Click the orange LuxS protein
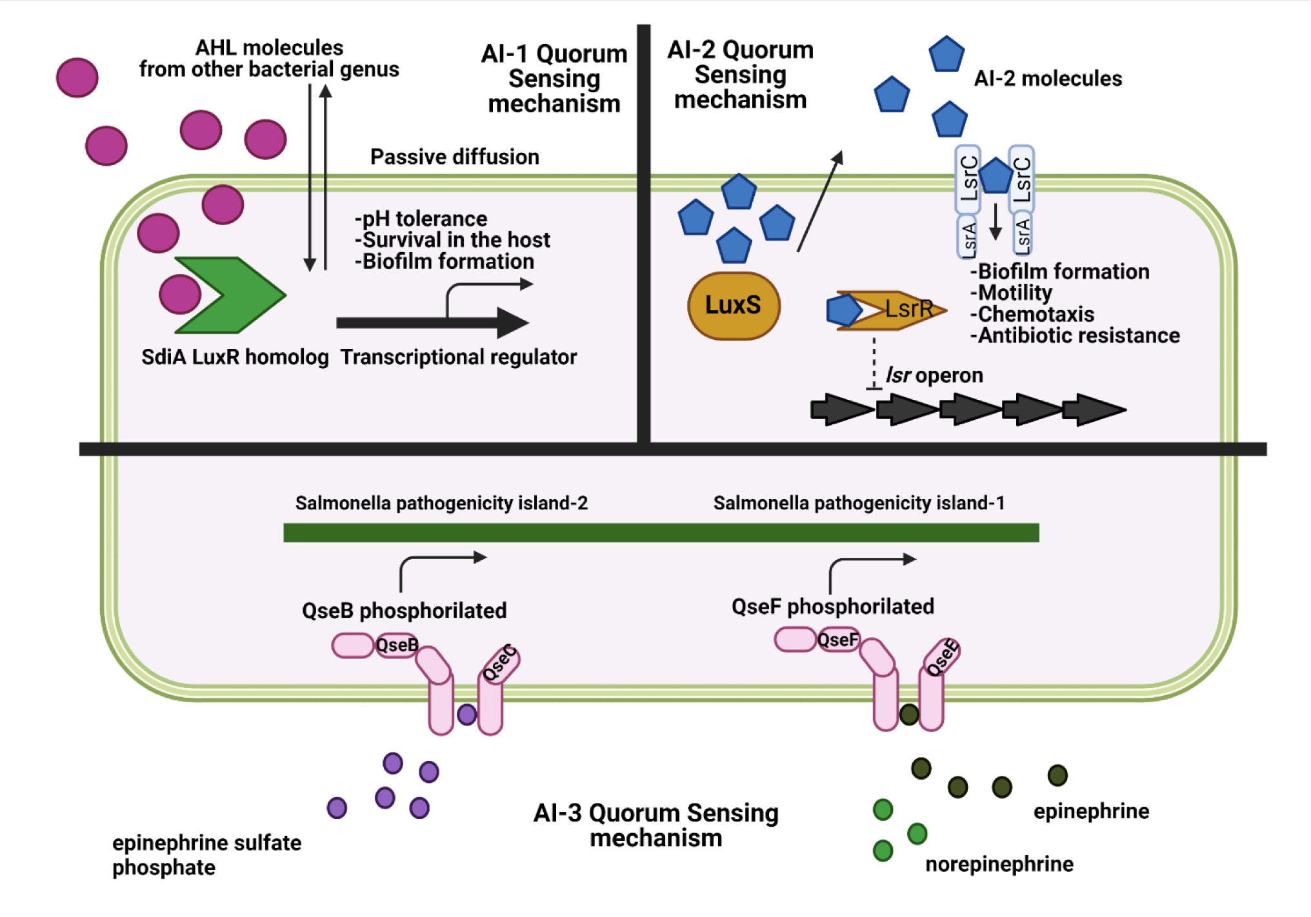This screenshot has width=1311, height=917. (x=734, y=306)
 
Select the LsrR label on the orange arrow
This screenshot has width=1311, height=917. (x=908, y=309)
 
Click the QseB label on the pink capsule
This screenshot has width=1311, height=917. (x=397, y=645)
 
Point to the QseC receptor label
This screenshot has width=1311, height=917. (x=500, y=663)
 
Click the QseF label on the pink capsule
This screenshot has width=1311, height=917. (x=838, y=640)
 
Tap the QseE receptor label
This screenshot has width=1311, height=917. (x=942, y=658)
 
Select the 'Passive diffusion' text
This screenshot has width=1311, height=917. (x=454, y=157)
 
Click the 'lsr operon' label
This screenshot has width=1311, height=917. (x=934, y=375)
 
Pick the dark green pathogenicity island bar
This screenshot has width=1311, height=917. (x=661, y=533)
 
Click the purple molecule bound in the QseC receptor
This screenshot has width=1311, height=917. (x=466, y=714)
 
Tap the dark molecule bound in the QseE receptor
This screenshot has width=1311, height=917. (x=908, y=714)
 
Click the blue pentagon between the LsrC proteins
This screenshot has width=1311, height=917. (x=995, y=175)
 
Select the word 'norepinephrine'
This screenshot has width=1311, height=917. (x=999, y=863)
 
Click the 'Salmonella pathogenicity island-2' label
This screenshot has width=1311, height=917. (x=441, y=503)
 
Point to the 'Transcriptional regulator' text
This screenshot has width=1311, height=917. (x=458, y=357)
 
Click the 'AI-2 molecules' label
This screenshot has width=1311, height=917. (x=1048, y=79)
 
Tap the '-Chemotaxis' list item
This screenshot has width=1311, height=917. (x=1032, y=314)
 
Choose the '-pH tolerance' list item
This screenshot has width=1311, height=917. (x=421, y=219)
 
